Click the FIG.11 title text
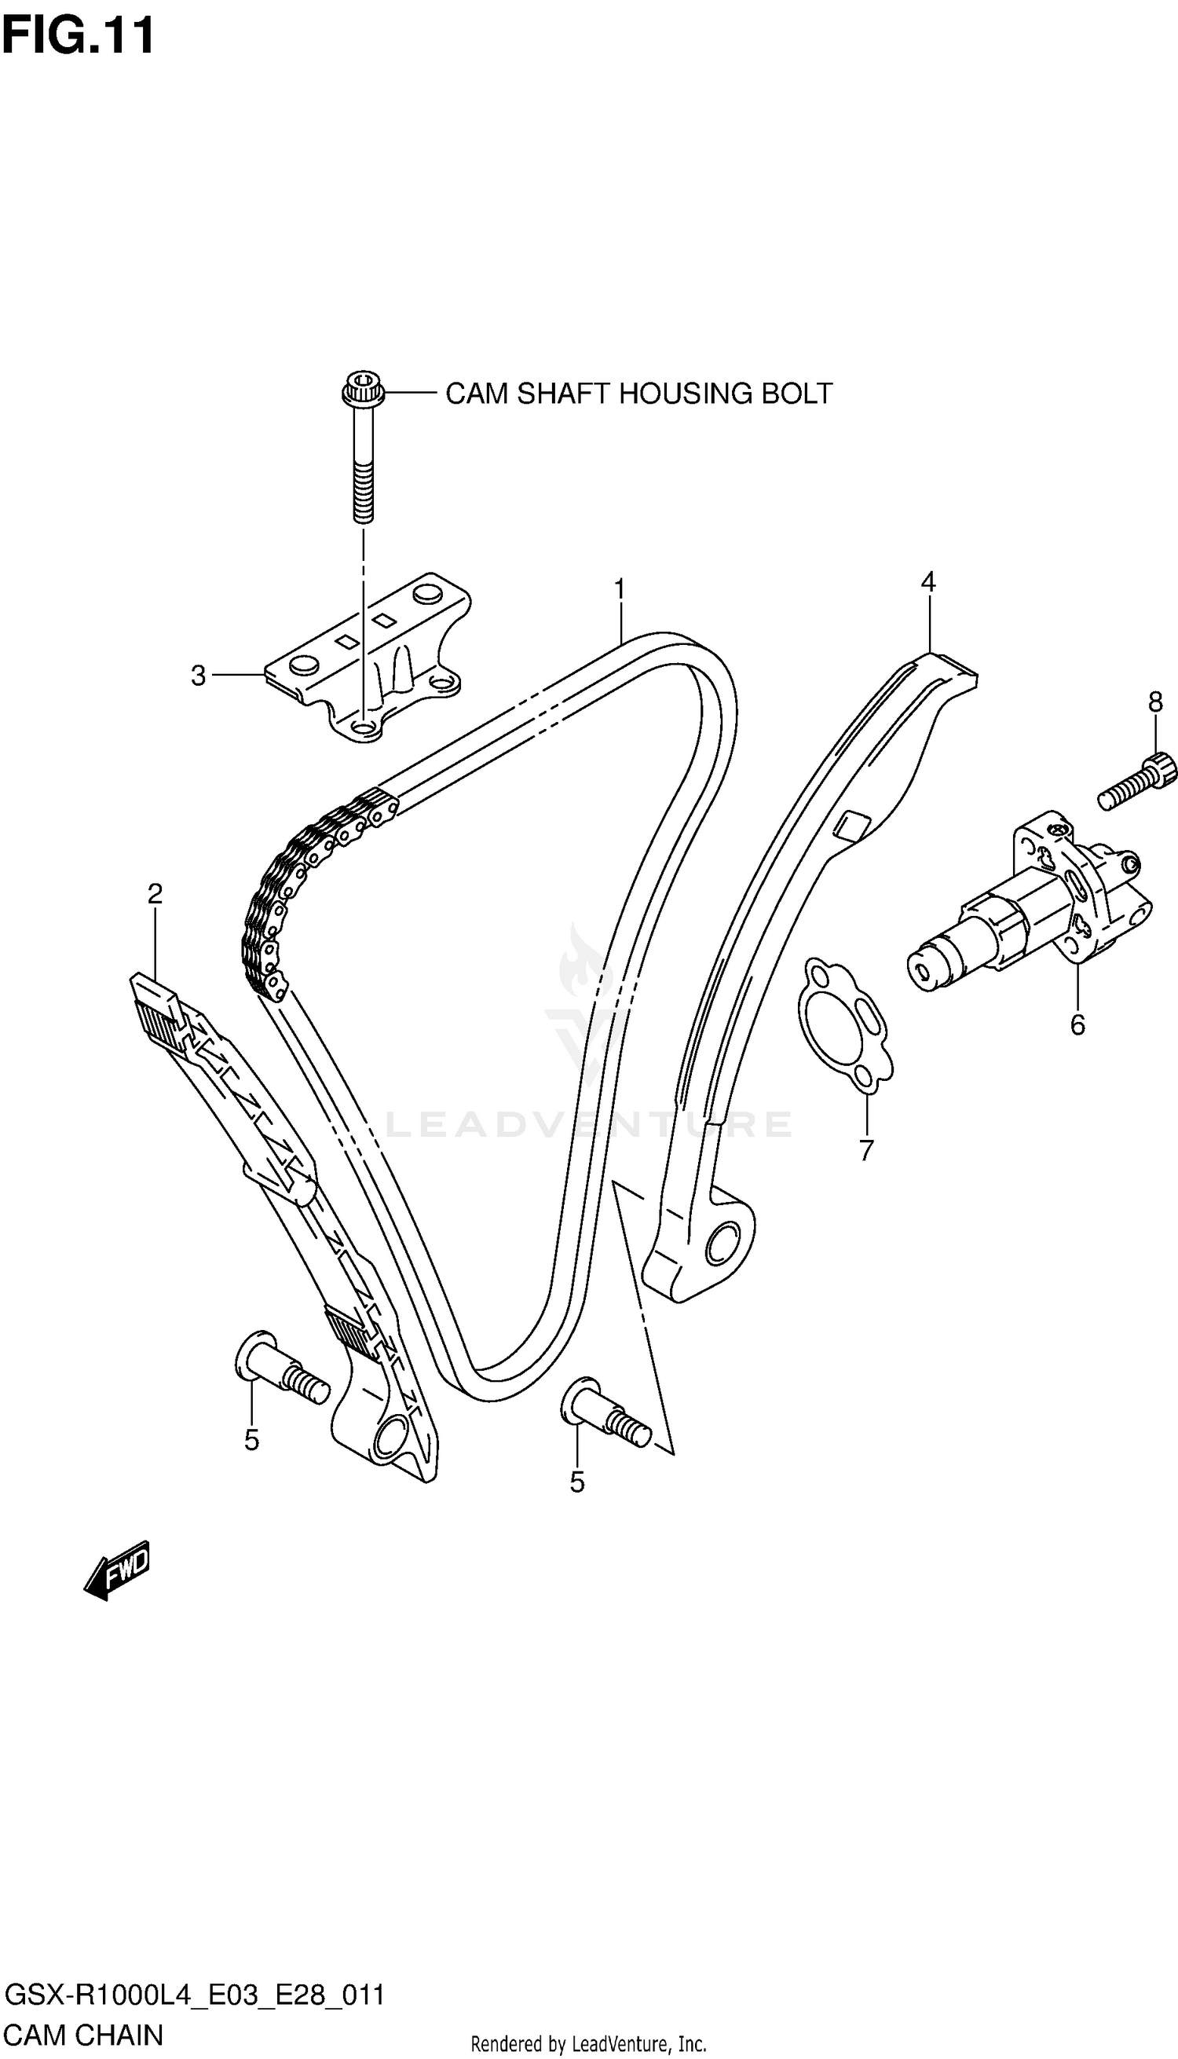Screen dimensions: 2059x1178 79,35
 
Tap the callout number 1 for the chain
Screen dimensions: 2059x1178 620,589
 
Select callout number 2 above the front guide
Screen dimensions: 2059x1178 155,893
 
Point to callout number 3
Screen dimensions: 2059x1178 198,676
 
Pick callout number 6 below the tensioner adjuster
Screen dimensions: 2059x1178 1077,1025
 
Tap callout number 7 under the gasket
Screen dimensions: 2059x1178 866,1150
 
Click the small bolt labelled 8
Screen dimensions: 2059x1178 1136,781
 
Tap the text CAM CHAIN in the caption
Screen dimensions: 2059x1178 84,2035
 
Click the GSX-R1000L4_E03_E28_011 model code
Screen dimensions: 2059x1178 194,1995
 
